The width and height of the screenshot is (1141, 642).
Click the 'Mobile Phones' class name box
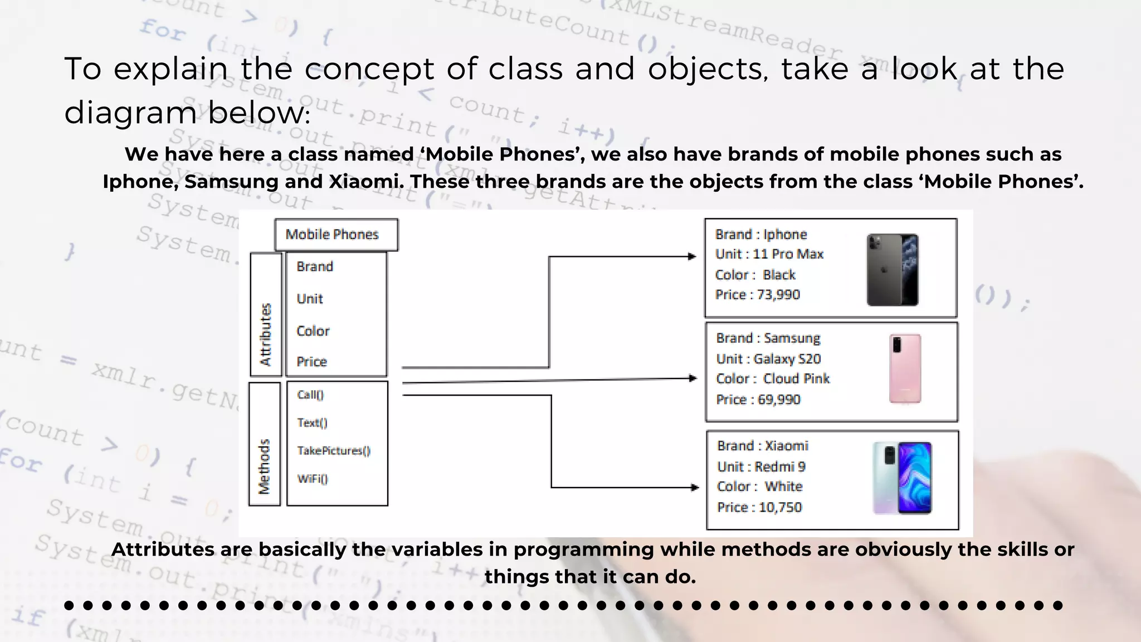pyautogui.click(x=336, y=235)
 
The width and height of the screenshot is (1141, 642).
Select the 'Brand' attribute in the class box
pyautogui.click(x=315, y=267)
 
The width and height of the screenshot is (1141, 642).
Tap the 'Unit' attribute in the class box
pyautogui.click(x=310, y=299)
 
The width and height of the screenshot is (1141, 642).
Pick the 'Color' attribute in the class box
pyautogui.click(x=313, y=331)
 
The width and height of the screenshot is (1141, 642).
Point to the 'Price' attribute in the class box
pyautogui.click(x=312, y=362)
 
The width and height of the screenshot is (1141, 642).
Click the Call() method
pyautogui.click(x=310, y=395)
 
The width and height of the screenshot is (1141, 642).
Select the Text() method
pyautogui.click(x=312, y=422)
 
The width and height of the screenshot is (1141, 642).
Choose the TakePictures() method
pyautogui.click(x=333, y=450)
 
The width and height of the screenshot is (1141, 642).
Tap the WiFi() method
pyautogui.click(x=313, y=479)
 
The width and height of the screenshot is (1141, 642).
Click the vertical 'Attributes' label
pyautogui.click(x=266, y=334)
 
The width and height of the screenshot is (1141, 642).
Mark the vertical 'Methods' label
pyautogui.click(x=264, y=467)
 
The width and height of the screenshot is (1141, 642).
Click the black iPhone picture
pyautogui.click(x=893, y=270)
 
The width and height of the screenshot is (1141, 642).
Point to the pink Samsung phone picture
pyautogui.click(x=905, y=368)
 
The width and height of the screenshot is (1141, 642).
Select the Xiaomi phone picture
pyautogui.click(x=902, y=478)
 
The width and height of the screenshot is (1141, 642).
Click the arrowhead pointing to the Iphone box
pyautogui.click(x=692, y=256)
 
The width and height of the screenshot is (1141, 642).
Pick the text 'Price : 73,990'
pyautogui.click(x=758, y=295)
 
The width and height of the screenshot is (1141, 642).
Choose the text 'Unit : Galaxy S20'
pyautogui.click(x=768, y=359)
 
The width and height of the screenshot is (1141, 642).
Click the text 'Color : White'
pyautogui.click(x=760, y=487)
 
